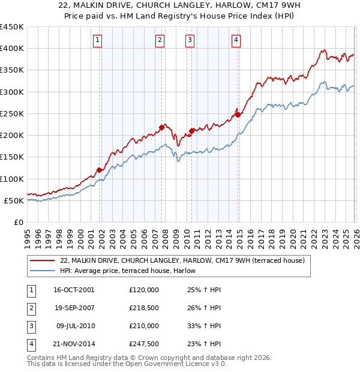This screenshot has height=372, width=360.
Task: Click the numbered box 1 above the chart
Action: click(98, 40)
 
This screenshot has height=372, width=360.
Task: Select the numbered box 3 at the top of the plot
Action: click(190, 40)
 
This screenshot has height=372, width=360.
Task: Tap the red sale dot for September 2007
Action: click(161, 127)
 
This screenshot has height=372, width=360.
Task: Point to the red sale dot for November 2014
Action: click(238, 115)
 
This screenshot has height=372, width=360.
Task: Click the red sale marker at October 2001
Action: click(99, 170)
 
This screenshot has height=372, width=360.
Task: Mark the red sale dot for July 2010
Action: click(191, 131)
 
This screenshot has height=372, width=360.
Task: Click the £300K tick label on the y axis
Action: click(12, 92)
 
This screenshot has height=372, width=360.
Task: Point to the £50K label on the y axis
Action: click(14, 200)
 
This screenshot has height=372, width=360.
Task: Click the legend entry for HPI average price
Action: click(132, 271)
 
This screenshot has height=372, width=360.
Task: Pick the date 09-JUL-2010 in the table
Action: click(74, 326)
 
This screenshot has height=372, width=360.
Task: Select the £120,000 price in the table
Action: click(144, 290)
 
